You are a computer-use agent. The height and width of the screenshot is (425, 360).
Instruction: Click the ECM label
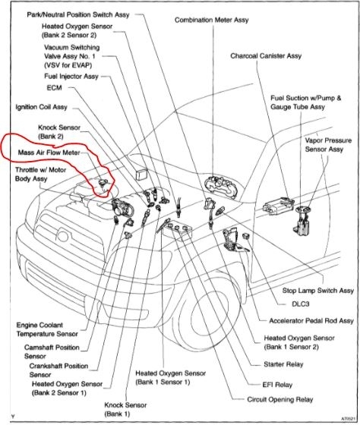(x=54, y=87)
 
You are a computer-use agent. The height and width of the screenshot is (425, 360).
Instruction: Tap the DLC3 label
(x=300, y=304)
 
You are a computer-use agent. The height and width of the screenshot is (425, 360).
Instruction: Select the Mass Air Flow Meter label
(x=49, y=153)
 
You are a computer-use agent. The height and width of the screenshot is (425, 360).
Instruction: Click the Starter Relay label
(x=283, y=364)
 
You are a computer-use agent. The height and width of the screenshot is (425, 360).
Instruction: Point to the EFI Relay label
(x=277, y=385)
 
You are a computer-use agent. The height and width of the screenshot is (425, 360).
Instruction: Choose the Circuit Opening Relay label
(x=280, y=399)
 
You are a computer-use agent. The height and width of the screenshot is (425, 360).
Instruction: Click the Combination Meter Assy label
(x=212, y=20)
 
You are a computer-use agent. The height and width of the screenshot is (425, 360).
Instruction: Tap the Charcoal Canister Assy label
(x=266, y=56)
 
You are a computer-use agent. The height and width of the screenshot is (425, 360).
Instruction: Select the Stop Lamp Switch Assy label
(x=318, y=291)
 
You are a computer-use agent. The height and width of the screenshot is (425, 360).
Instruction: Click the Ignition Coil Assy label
(x=41, y=107)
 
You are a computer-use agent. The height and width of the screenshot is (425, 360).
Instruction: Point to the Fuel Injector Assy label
(x=71, y=77)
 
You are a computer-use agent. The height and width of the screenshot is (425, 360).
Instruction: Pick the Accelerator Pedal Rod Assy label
(x=311, y=321)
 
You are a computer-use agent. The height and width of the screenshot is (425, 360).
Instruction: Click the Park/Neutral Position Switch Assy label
(x=78, y=14)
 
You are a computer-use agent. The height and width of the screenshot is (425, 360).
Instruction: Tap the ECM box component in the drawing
(x=141, y=174)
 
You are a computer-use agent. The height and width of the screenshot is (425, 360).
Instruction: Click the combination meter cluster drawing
(x=222, y=187)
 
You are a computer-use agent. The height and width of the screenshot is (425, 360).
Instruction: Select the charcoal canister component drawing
(x=279, y=206)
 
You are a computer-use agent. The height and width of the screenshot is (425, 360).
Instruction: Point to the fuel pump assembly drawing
(x=305, y=220)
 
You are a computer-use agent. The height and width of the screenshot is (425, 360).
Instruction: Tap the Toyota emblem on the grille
(x=63, y=236)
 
